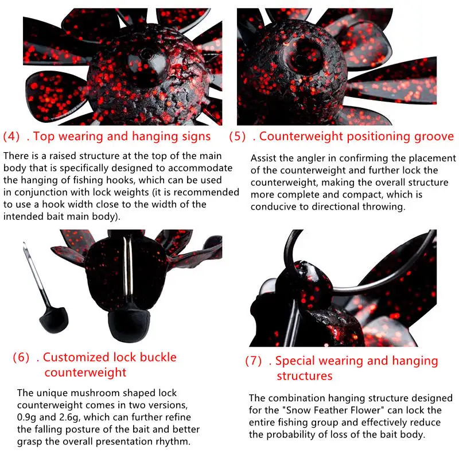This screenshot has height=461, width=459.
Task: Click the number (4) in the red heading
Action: point(11,137)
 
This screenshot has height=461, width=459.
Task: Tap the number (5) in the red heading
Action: point(237,137)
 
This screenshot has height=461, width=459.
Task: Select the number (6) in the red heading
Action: point(21,358)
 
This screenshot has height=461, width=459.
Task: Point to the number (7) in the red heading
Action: point(253,361)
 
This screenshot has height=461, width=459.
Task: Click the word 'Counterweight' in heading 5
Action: point(301,137)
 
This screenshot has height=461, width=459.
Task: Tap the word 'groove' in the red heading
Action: point(434,137)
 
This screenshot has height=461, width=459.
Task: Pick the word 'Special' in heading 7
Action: point(295,361)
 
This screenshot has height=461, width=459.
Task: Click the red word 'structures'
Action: point(305,376)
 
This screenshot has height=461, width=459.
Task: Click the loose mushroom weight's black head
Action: point(54,320)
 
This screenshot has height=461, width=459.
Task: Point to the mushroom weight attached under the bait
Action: point(129,324)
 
